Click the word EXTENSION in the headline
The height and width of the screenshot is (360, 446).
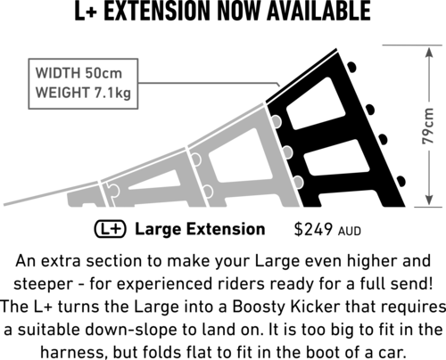(x=157, y=11)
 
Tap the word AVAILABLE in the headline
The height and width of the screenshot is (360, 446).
(x=318, y=11)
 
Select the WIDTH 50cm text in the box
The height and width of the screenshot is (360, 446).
(x=78, y=73)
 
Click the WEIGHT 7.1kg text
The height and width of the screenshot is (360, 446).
(x=83, y=93)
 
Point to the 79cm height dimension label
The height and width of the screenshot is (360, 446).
(x=428, y=126)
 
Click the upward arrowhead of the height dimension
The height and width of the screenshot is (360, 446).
(x=428, y=53)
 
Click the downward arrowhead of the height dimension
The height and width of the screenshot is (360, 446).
(x=428, y=199)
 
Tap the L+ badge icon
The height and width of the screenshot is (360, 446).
(x=111, y=229)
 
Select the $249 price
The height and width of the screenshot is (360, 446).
(x=313, y=229)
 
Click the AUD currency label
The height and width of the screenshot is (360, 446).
(x=350, y=231)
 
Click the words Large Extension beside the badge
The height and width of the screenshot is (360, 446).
(x=200, y=229)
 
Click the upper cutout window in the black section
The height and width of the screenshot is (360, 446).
(x=316, y=103)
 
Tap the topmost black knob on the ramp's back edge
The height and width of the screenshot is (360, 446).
(x=351, y=67)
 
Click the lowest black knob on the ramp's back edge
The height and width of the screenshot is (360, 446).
(x=401, y=182)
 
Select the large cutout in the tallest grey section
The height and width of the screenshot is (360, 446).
(x=241, y=155)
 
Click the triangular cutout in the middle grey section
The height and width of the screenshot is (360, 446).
(x=154, y=180)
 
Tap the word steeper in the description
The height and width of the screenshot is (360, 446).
(x=44, y=284)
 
